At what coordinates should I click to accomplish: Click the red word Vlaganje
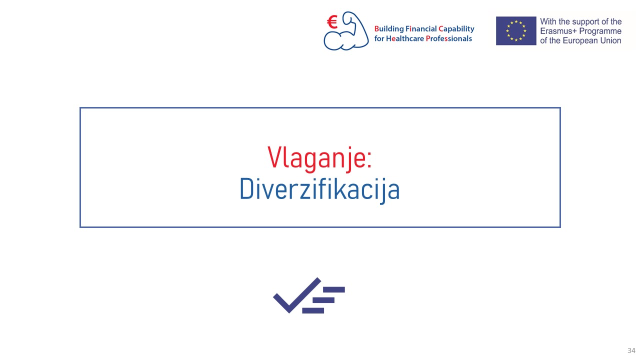316,158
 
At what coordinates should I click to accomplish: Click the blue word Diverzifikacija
319,189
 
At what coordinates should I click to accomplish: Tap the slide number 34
631,350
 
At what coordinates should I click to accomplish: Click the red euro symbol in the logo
332,22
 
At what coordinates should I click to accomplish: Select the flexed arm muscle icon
346,31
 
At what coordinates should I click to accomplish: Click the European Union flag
516,31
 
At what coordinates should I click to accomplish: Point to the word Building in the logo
389,29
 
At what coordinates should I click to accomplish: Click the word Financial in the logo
421,29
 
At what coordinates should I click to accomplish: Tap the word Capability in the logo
456,29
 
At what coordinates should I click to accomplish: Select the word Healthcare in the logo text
405,38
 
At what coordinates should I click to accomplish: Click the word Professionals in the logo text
449,38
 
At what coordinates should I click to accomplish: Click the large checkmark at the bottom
297,295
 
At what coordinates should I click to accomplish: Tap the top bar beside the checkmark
333,289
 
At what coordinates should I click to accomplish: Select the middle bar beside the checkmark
323,300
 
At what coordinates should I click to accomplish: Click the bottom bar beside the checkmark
313,310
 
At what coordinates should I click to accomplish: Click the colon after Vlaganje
369,160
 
